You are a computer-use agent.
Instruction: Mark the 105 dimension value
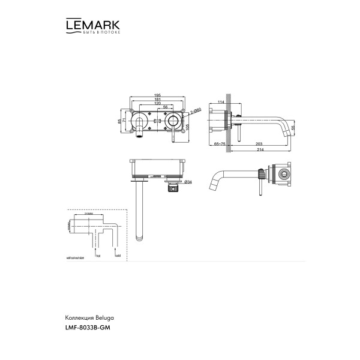188,128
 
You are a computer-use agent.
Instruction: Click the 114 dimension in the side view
220,103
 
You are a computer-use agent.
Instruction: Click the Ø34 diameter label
188,182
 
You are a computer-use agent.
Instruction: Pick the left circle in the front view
140,119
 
